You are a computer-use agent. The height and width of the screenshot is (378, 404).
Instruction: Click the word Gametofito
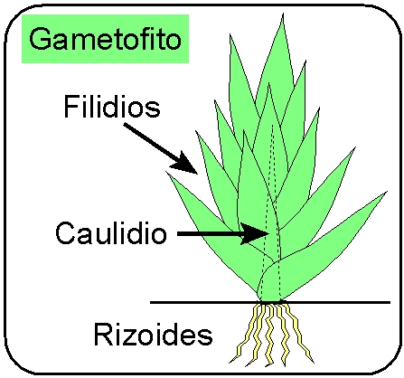105,39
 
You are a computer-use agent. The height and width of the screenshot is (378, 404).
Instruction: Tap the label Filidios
112,107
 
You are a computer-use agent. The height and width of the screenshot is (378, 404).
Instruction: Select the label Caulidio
111,232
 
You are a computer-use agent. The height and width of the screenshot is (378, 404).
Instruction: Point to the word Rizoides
153,334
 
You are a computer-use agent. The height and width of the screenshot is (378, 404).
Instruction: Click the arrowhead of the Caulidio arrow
256,233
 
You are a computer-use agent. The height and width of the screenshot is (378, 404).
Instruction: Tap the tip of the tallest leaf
283,14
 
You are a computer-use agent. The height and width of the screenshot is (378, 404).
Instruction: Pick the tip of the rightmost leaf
387,191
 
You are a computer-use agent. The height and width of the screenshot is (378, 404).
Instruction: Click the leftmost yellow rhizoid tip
230,362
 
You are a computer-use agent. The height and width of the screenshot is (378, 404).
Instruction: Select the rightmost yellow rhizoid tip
314,363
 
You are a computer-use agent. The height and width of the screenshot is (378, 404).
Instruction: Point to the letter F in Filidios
71,107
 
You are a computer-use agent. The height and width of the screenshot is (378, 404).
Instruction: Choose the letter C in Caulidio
66,232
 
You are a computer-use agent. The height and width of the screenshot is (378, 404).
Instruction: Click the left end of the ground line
151,302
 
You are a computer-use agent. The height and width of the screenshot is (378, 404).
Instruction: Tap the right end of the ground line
390,302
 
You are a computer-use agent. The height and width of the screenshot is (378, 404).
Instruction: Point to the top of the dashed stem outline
273,126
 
